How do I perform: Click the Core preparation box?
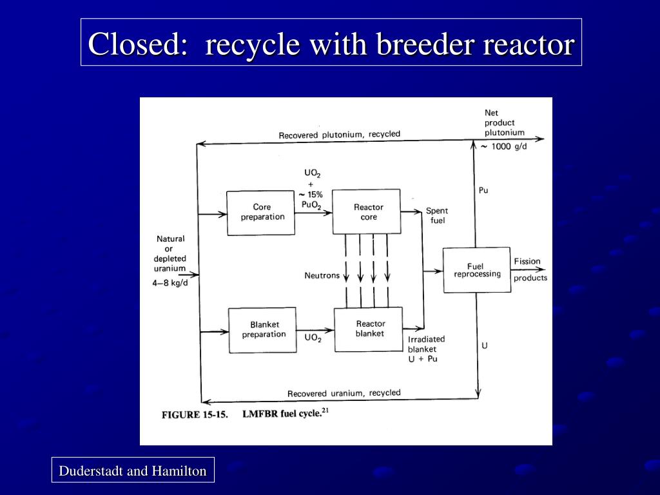(x=262, y=213)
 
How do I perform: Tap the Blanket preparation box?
(x=263, y=330)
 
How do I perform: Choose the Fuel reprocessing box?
(x=476, y=270)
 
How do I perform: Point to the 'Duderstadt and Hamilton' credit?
(x=133, y=471)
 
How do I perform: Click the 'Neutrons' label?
(x=322, y=276)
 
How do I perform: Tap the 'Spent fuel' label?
(x=436, y=216)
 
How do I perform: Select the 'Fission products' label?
(x=530, y=269)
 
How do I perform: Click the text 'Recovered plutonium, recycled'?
(x=339, y=135)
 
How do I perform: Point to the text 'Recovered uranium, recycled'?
(x=344, y=393)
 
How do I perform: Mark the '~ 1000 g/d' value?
(x=504, y=146)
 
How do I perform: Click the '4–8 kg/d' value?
(x=170, y=283)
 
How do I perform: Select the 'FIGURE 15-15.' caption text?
(x=194, y=414)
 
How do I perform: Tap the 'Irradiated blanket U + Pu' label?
(x=425, y=349)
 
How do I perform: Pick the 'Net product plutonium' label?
(x=504, y=122)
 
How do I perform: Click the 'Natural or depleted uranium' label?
(x=170, y=253)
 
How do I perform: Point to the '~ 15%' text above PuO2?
(x=311, y=195)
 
